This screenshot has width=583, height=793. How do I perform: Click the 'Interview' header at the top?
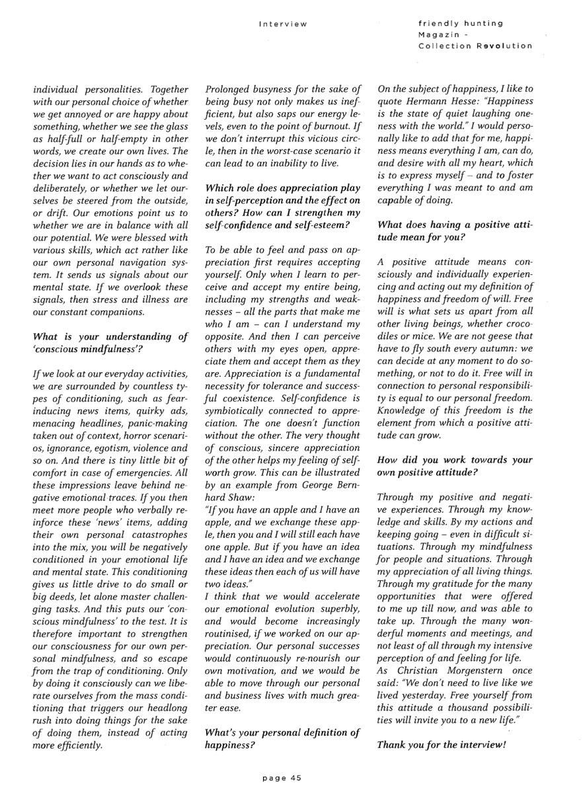click(x=283, y=24)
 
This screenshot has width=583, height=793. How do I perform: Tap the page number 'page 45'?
click(x=282, y=778)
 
